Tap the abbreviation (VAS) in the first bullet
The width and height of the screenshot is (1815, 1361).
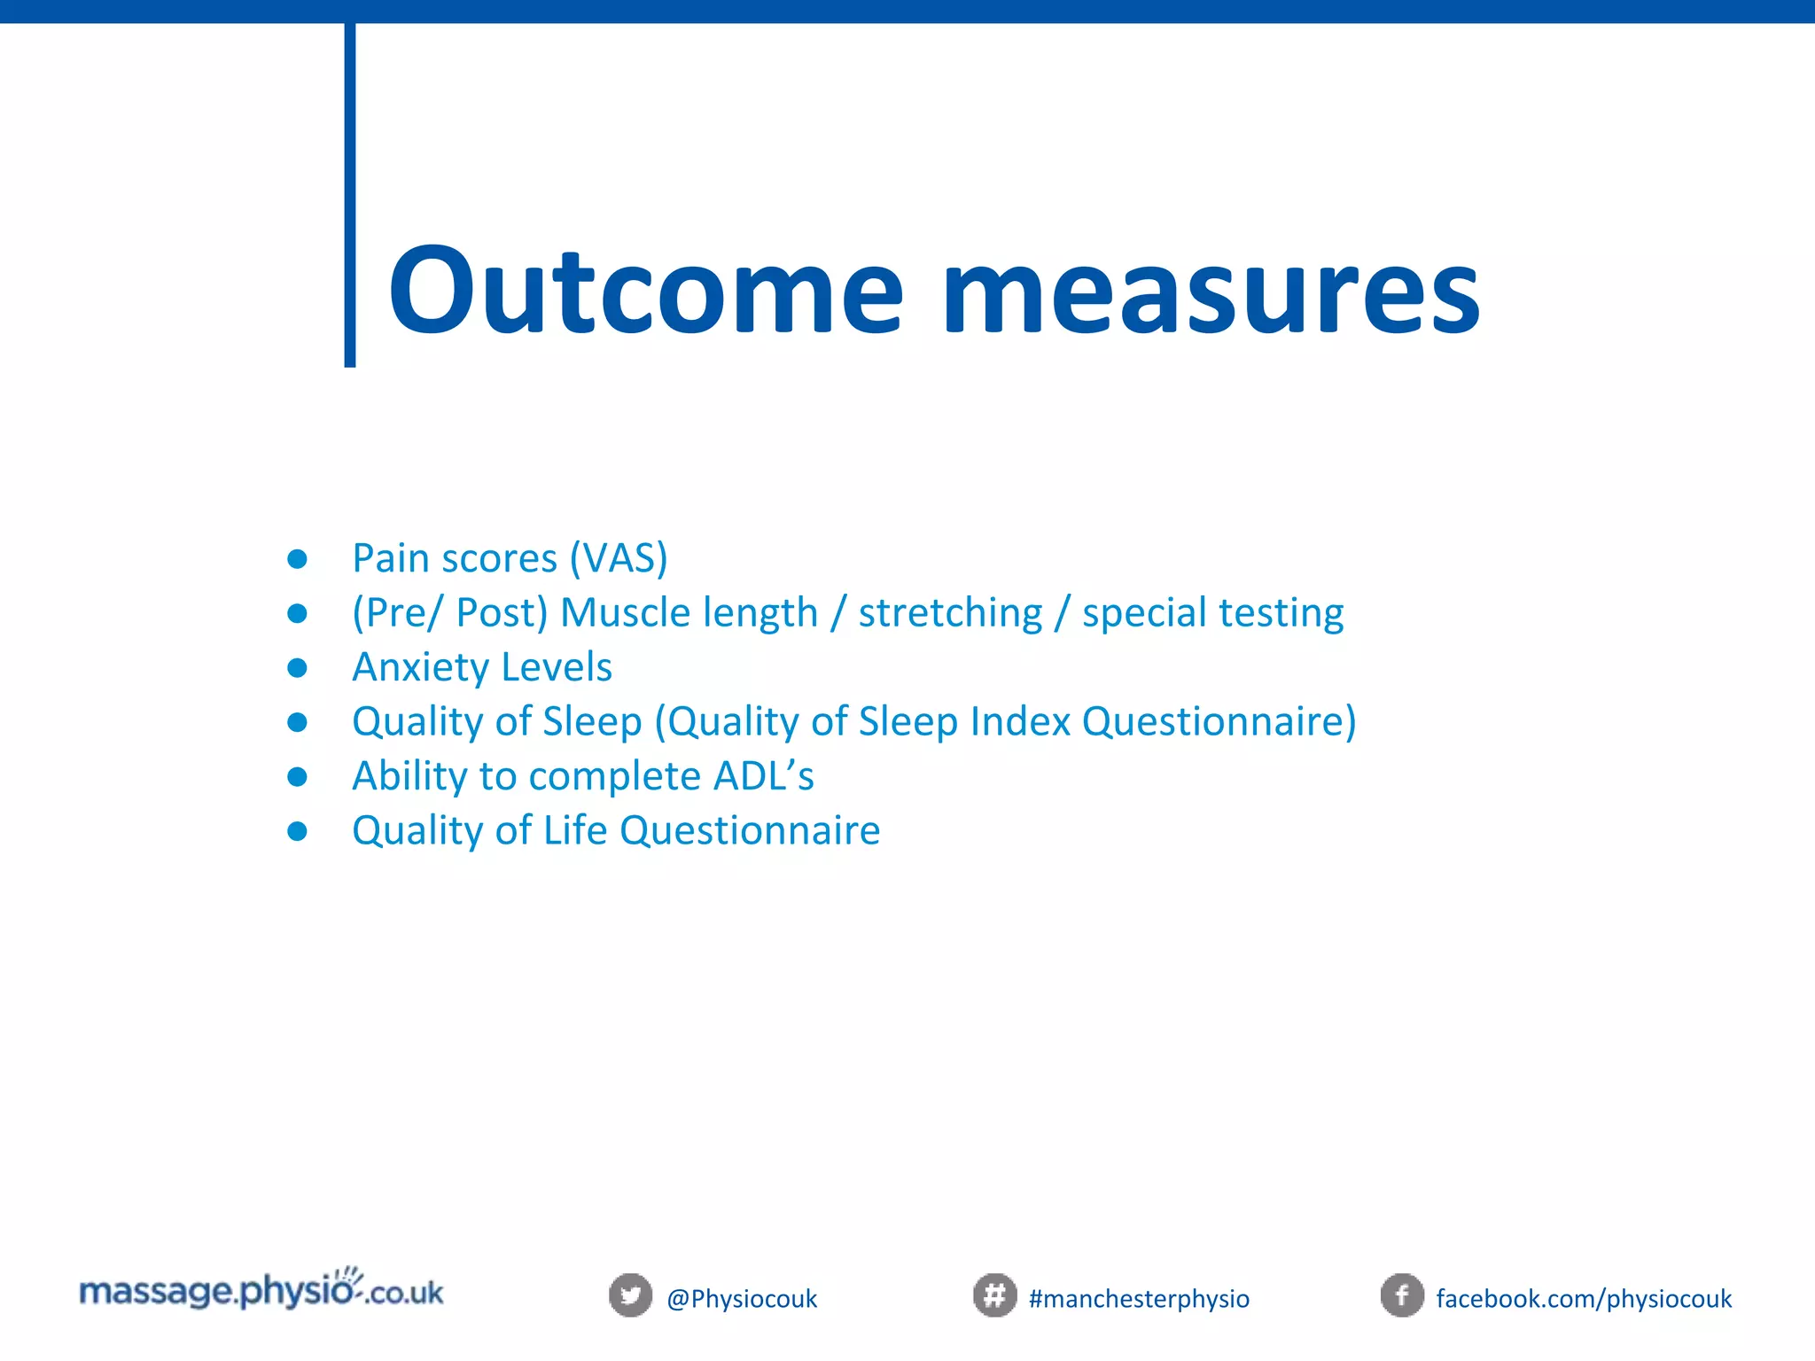pos(619,558)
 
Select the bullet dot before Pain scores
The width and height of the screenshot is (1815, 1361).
pos(298,559)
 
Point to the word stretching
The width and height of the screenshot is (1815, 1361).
pos(950,613)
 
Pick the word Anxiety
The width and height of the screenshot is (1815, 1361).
pos(420,667)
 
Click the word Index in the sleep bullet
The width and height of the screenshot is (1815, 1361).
pos(1020,721)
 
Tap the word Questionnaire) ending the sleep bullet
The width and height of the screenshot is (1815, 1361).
pos(1219,721)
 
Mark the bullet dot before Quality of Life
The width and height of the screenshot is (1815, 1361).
pos(298,831)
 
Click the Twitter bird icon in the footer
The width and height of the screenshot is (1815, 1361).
pos(630,1295)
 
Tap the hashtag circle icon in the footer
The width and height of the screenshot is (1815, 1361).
pos(994,1295)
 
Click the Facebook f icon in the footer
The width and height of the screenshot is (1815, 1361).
pos(1402,1295)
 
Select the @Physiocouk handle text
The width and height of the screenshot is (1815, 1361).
pos(742,1299)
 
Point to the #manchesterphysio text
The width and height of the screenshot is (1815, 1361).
pos(1139,1299)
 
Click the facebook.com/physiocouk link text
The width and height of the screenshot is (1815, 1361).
pos(1584,1299)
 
